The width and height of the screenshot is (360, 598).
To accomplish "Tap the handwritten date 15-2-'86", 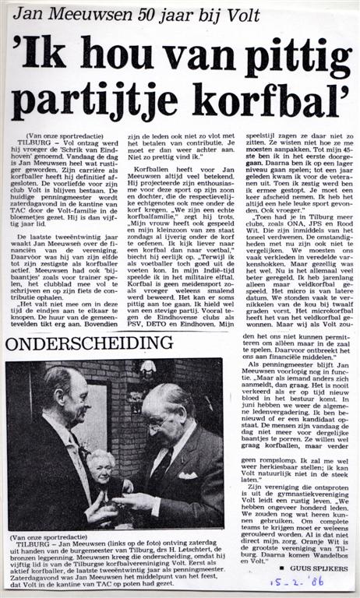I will pyautogui.click(x=296, y=582).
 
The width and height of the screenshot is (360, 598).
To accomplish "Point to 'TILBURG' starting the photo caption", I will pyautogui.click(x=32, y=546).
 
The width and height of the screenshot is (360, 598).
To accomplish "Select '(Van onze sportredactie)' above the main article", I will pyautogui.click(x=58, y=135).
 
